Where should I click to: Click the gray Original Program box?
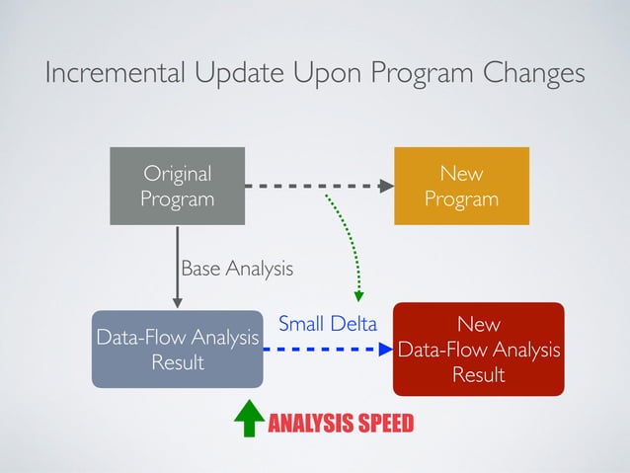177,187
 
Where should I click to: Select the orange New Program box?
461,187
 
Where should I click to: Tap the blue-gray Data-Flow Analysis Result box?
177,351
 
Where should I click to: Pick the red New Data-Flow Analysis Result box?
478,350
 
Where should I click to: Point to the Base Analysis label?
237,268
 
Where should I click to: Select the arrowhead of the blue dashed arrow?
386,349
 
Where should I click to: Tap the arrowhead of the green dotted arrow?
359,294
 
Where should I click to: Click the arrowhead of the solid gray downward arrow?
178,301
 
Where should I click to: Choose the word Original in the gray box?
177,174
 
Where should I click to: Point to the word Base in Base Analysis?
200,268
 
